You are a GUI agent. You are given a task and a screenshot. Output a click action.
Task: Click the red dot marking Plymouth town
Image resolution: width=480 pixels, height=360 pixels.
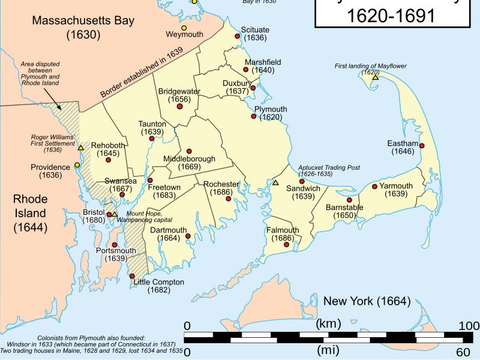click(x=254, y=116)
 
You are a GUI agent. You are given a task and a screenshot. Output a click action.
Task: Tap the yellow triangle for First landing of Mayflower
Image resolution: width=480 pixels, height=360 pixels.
click(x=375, y=77)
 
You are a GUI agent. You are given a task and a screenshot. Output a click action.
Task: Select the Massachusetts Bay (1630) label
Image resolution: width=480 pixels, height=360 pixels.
click(x=83, y=28)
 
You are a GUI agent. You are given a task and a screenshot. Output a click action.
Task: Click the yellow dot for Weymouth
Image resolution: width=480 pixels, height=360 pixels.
click(x=184, y=28)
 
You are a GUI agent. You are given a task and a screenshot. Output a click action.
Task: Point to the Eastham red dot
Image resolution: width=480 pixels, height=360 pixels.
click(x=422, y=146)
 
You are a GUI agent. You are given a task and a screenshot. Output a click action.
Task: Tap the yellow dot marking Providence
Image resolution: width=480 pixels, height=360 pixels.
click(x=77, y=165)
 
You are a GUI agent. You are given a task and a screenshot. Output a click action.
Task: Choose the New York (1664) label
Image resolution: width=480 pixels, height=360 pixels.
click(x=367, y=301)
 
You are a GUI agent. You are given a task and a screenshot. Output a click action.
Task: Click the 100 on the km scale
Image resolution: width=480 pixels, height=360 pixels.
click(x=468, y=326)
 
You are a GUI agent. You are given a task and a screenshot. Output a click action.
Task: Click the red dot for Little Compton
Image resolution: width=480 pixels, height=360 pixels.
click(x=132, y=276)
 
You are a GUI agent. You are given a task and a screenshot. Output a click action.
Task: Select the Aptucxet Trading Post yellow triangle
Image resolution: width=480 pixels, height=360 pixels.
click(x=275, y=182)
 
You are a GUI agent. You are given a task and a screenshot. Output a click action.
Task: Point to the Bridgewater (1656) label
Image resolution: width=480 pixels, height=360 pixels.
click(x=179, y=95)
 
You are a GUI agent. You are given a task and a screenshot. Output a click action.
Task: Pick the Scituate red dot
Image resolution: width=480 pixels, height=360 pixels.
click(x=238, y=37)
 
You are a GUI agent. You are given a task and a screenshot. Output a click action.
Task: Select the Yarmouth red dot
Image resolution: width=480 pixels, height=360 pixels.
click(x=374, y=187)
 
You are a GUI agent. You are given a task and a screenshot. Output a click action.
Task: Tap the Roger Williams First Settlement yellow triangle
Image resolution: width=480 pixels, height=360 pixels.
click(x=80, y=148)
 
